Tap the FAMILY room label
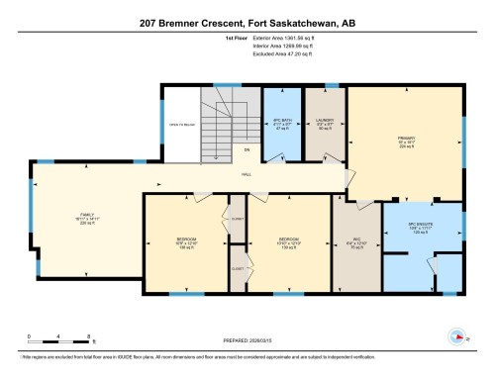click(x=86, y=218)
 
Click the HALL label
click(x=247, y=175)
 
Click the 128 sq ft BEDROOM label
click(x=185, y=242)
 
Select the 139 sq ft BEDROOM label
click(x=287, y=242)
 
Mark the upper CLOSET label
click(x=238, y=218)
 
